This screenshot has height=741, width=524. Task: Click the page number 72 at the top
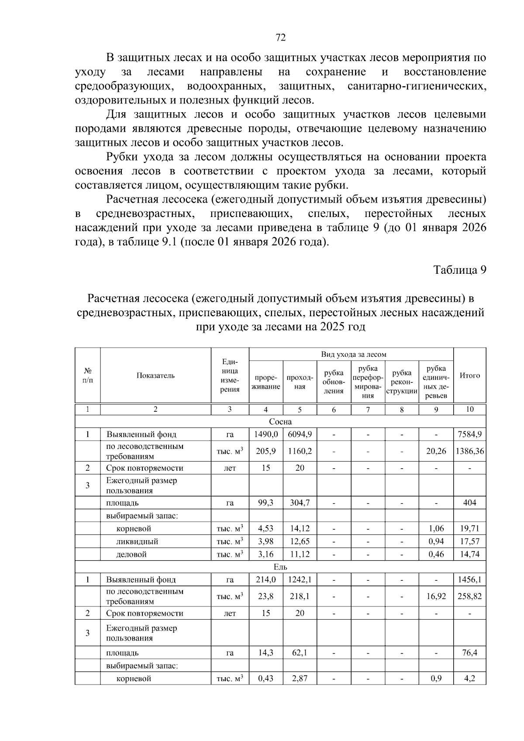pyautogui.click(x=281, y=38)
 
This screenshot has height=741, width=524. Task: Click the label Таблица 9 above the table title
pyautogui.click(x=459, y=270)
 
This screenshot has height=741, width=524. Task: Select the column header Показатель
pyautogui.click(x=155, y=376)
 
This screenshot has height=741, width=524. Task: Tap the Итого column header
pyautogui.click(x=469, y=376)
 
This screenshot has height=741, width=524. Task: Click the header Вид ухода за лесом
pyautogui.click(x=353, y=355)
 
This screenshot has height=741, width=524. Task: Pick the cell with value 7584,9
pyautogui.click(x=469, y=434)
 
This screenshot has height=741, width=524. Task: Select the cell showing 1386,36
pyautogui.click(x=469, y=451)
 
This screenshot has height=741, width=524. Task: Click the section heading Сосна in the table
pyautogui.click(x=280, y=422)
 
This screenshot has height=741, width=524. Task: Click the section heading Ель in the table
pyautogui.click(x=280, y=567)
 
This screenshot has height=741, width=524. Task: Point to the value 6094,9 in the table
pyautogui.click(x=300, y=434)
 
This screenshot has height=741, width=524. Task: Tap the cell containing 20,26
pyautogui.click(x=436, y=451)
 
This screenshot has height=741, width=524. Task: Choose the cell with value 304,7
pyautogui.click(x=300, y=503)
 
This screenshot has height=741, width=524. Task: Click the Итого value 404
pyautogui.click(x=469, y=503)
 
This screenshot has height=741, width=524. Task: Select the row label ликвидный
pyautogui.click(x=137, y=541)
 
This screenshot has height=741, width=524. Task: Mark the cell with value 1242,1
pyautogui.click(x=300, y=579)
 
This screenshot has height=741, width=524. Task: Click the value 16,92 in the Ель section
pyautogui.click(x=436, y=596)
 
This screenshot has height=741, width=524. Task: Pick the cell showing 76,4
pyautogui.click(x=469, y=653)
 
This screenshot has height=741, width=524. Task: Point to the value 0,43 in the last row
pyautogui.click(x=265, y=679)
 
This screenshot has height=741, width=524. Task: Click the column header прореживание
pyautogui.click(x=265, y=383)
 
